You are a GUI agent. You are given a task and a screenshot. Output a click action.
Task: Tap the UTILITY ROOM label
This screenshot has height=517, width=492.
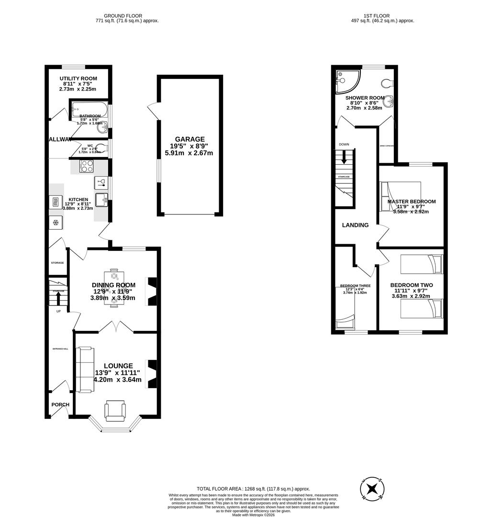click(x=78, y=79)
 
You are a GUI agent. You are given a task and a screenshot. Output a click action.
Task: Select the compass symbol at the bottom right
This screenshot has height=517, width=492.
click(x=372, y=489)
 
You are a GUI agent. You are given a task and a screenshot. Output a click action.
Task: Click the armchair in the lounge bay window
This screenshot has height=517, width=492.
click(x=115, y=411)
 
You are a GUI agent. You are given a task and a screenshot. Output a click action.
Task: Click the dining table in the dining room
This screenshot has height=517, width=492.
click(x=114, y=291)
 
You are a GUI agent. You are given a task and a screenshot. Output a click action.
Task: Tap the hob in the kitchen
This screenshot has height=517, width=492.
click(x=87, y=166)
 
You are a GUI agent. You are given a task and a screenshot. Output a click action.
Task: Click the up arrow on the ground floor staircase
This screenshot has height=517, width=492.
click(x=58, y=298)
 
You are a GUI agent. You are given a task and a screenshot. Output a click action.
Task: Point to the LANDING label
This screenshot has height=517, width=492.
click(x=355, y=225)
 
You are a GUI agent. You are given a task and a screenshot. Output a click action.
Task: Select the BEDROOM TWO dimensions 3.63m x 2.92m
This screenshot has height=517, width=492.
click(x=411, y=296)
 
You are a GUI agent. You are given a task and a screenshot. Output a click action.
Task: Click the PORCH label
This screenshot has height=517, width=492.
click(x=60, y=405)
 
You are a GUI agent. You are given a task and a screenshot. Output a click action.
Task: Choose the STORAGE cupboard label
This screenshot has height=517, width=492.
click(x=57, y=263)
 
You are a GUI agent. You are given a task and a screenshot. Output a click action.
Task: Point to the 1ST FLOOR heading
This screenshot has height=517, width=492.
click(x=382, y=16)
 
